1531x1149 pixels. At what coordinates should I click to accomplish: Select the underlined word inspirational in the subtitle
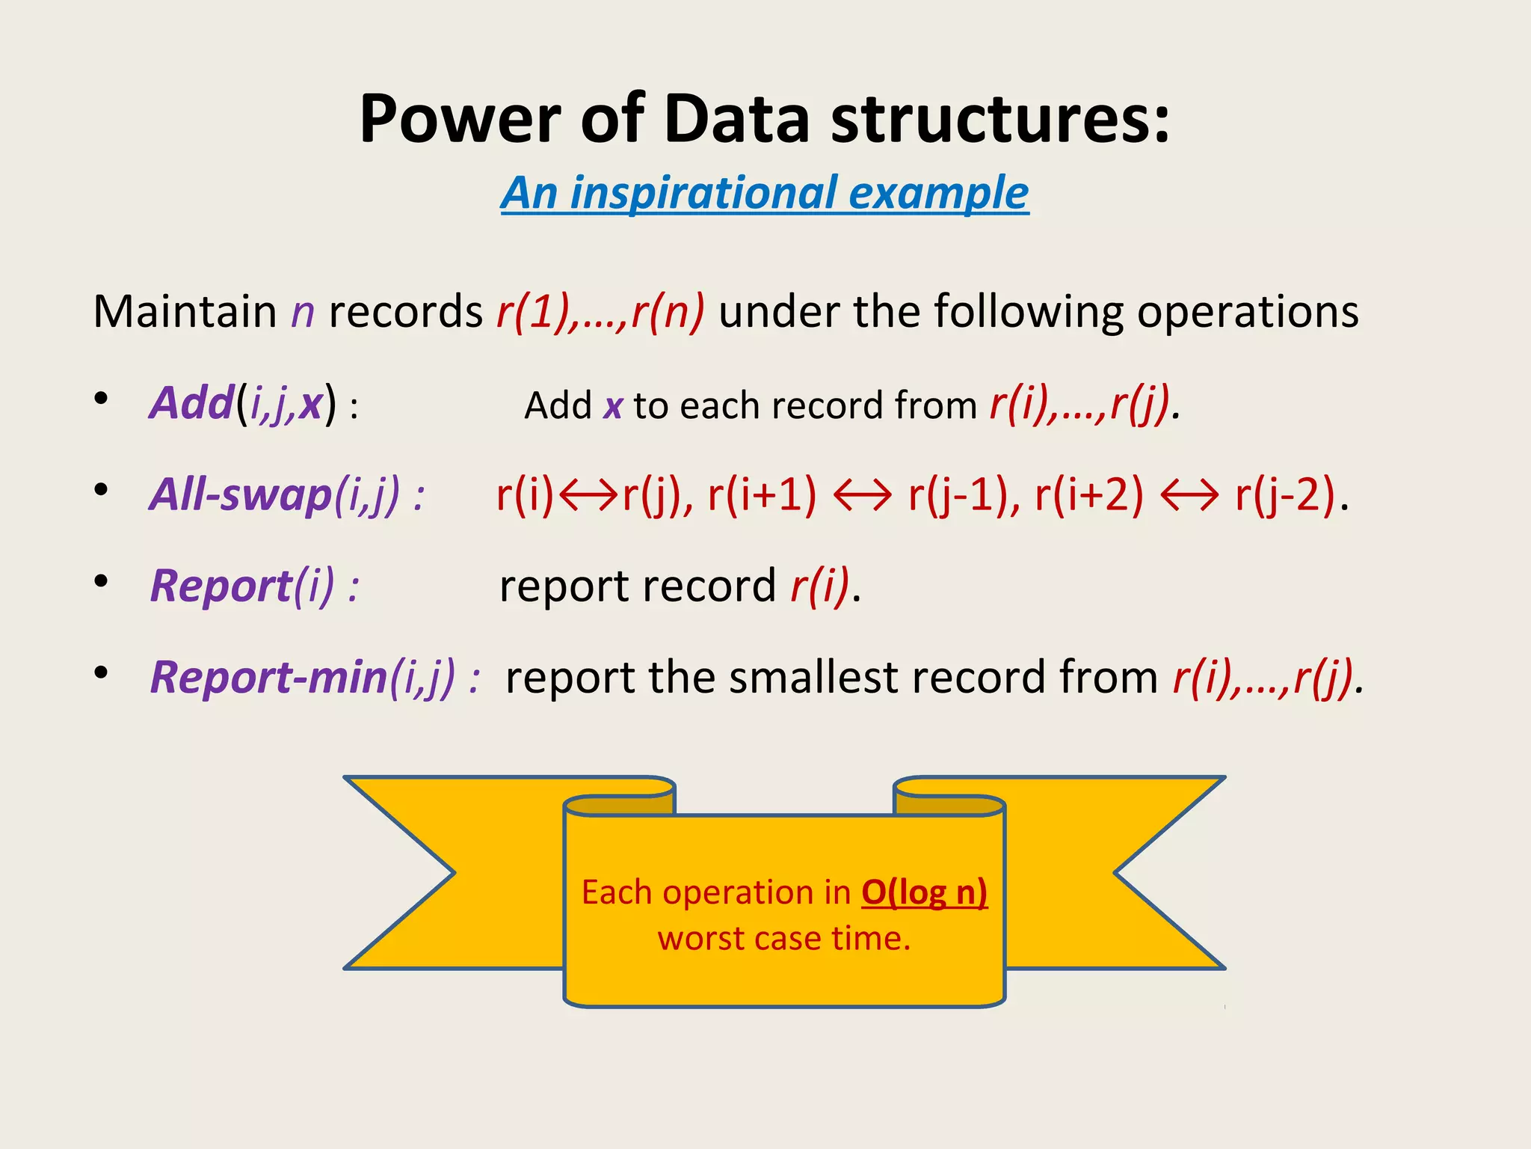[x=703, y=193]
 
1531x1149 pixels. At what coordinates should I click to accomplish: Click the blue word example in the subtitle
[x=939, y=193]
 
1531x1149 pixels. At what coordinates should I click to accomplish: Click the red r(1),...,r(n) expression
[x=600, y=311]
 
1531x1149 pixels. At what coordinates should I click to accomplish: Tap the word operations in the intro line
[x=1247, y=311]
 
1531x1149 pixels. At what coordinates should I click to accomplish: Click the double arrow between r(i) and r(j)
[x=588, y=495]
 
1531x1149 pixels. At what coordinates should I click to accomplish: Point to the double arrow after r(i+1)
[x=862, y=495]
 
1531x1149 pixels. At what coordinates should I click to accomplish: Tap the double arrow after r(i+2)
[x=1189, y=495]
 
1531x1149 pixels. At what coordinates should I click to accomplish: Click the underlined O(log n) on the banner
[x=924, y=892]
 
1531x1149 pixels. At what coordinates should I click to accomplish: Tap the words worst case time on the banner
[x=784, y=938]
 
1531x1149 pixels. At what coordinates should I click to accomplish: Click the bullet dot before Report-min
[x=101, y=672]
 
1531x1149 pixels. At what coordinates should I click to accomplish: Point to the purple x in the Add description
[x=613, y=406]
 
